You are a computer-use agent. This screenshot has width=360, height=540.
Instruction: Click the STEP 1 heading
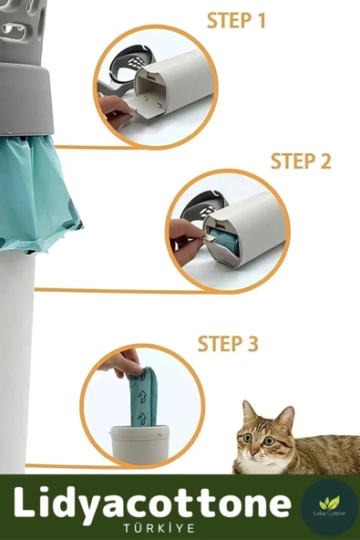coord(236,20)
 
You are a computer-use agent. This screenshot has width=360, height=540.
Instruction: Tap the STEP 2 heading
coord(301,161)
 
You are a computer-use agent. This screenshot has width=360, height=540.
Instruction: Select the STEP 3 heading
coord(228,344)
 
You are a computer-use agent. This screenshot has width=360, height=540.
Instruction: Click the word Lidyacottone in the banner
coord(150,504)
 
